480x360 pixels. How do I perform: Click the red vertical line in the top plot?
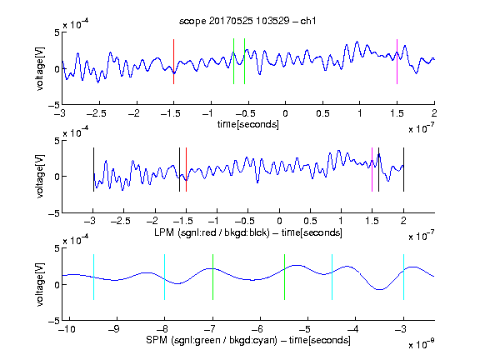click(173, 62)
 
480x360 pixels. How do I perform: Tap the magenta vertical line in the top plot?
click(397, 62)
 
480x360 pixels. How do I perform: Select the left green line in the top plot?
click(233, 61)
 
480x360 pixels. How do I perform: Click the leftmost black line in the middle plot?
click(93, 170)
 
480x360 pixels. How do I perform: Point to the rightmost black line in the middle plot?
click(404, 170)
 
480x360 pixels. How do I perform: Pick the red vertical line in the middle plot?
click(186, 170)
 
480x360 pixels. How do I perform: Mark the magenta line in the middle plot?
click(372, 170)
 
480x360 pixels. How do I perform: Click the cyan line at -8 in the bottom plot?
click(164, 277)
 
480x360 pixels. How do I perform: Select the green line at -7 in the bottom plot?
click(212, 277)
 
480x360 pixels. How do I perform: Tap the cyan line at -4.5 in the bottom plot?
click(332, 277)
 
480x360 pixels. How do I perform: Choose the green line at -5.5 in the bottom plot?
click(284, 277)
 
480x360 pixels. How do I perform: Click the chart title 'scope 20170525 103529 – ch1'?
click(247, 21)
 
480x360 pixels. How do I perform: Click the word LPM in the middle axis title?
click(164, 232)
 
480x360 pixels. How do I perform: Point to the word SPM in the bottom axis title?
click(157, 340)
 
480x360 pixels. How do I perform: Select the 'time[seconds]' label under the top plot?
click(248, 124)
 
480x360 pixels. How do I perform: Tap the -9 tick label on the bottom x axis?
click(114, 329)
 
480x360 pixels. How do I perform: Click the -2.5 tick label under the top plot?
click(96, 113)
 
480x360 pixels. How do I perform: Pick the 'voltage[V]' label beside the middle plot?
click(40, 177)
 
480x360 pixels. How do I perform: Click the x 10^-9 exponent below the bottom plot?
click(422, 344)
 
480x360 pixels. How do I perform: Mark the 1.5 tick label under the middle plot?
click(372, 221)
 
